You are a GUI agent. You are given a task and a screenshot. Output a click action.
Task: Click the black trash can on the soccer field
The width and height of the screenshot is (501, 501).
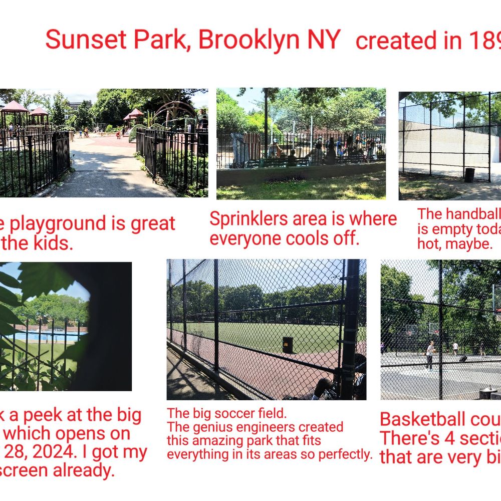tap(288, 345)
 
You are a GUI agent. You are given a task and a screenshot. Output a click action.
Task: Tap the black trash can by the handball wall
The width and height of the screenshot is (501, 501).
tap(469, 175)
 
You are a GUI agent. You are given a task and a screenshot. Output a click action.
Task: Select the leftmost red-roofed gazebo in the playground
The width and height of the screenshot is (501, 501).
tap(14, 109)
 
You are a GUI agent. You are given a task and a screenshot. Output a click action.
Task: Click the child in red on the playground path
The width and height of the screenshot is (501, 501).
tap(118, 134)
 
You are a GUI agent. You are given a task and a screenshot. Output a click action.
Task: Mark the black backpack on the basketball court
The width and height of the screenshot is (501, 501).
tap(463, 359)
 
